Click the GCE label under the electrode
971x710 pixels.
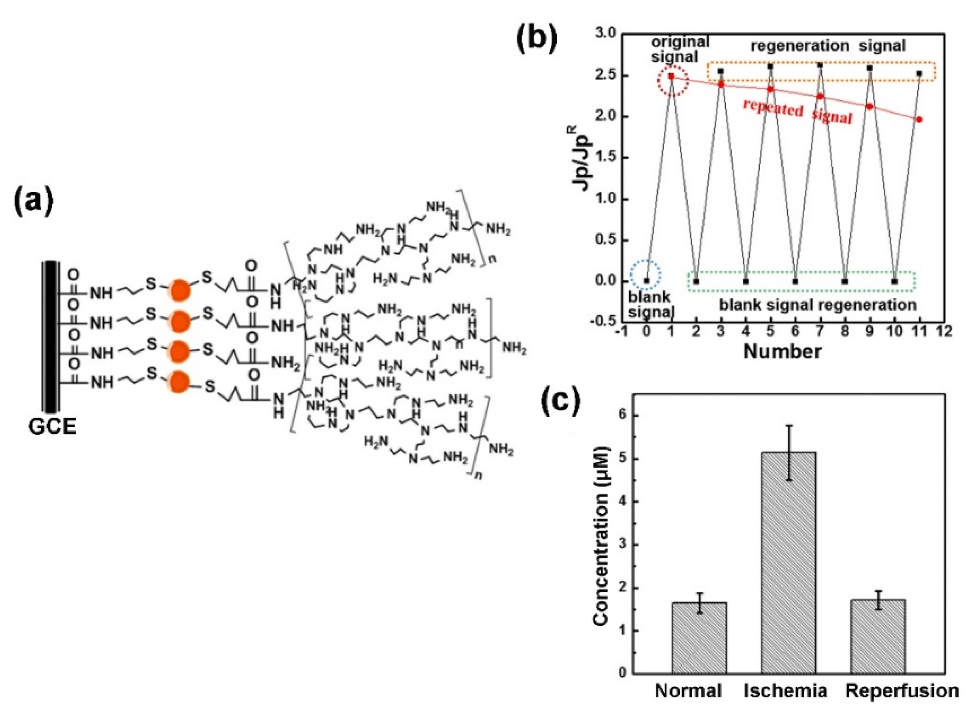(53, 426)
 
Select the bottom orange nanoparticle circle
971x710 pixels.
(179, 381)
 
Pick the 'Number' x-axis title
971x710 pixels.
(782, 352)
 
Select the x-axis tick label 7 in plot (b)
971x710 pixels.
(820, 332)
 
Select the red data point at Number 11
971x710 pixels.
(919, 119)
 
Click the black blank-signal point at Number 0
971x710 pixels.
(647, 281)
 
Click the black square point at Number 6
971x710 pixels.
(795, 282)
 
